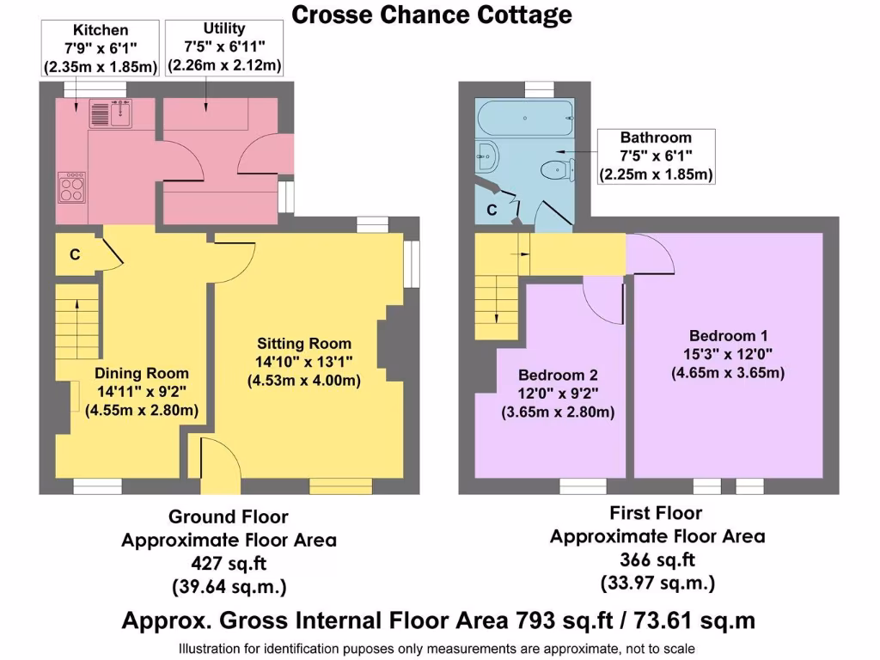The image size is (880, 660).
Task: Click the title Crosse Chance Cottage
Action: click(x=431, y=15)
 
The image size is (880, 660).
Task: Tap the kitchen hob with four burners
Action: click(x=71, y=186)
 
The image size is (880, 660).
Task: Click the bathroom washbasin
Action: click(x=486, y=156)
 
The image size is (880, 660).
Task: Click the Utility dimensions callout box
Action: click(x=224, y=47)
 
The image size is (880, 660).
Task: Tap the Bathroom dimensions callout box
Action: click(x=656, y=156)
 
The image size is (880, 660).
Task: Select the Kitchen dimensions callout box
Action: click(x=101, y=48)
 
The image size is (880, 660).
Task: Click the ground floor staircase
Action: click(x=76, y=327)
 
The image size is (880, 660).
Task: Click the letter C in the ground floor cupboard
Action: click(x=76, y=254)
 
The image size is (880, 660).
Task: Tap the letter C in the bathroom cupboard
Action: click(x=492, y=210)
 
